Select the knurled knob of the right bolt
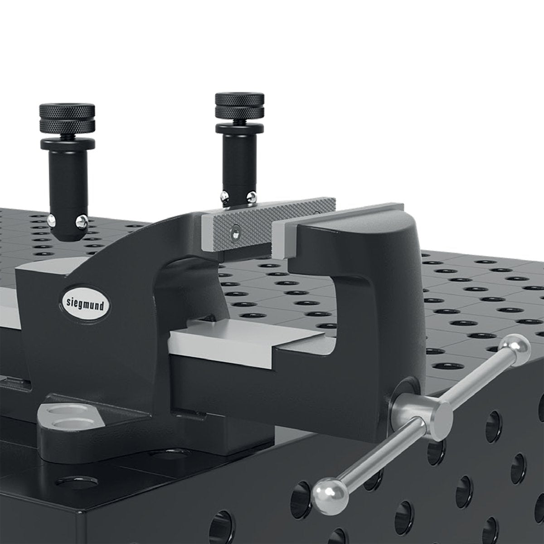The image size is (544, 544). point(240,105)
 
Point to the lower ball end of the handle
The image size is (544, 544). point(327,491)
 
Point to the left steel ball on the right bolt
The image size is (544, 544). point(223,196)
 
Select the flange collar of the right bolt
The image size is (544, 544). point(240,129)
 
